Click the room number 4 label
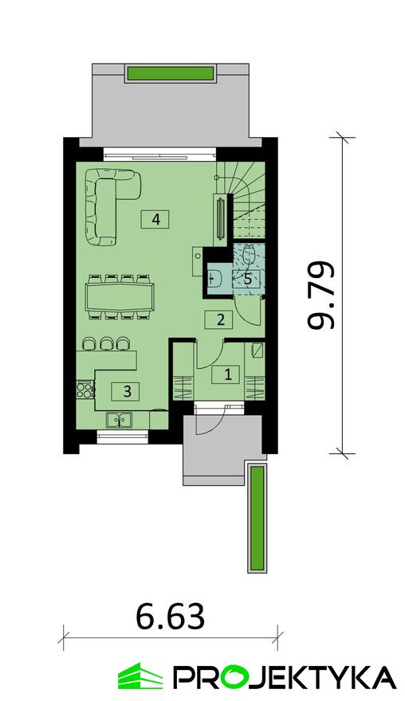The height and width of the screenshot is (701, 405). pos(155,220)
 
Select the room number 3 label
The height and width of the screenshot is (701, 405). pos(128,392)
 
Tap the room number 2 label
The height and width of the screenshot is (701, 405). pos(220,319)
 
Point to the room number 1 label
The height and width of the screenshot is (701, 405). pos(228,374)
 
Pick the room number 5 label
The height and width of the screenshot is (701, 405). pos(247,279)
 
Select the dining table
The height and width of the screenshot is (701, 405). pos(120,296)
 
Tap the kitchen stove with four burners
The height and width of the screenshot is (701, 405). pos(85,389)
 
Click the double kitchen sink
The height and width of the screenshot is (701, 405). pos(119,420)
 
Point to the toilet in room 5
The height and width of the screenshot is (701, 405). pos(249,257)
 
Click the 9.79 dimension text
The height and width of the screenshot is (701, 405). pos(321,296)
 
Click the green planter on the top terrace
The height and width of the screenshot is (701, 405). pos(171,73)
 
